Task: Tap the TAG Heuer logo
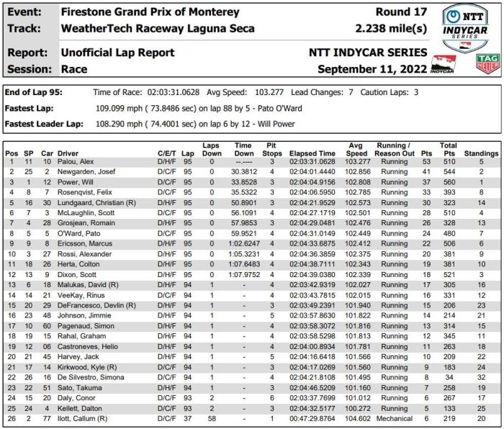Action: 487,63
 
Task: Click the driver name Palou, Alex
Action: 75,162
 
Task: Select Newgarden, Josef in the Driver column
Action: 86,172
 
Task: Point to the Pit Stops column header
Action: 271,150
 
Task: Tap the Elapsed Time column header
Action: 312,153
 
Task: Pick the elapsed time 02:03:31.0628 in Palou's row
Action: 312,162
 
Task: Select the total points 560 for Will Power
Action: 448,182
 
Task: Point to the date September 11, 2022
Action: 372,69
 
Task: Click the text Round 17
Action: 401,12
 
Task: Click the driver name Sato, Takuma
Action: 80,387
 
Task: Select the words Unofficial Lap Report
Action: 118,53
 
